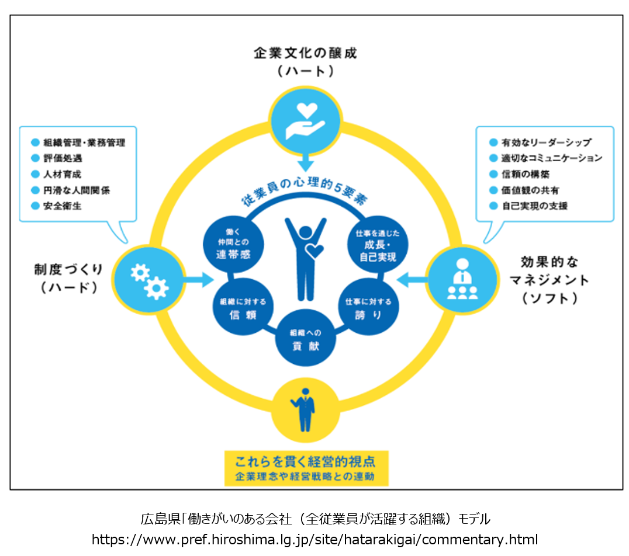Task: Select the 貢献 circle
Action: (x=305, y=338)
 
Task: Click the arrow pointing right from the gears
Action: (x=198, y=280)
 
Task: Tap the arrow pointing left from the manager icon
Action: (x=411, y=280)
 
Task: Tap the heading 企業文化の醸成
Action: (x=305, y=53)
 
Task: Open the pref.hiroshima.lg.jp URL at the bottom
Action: (x=314, y=539)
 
